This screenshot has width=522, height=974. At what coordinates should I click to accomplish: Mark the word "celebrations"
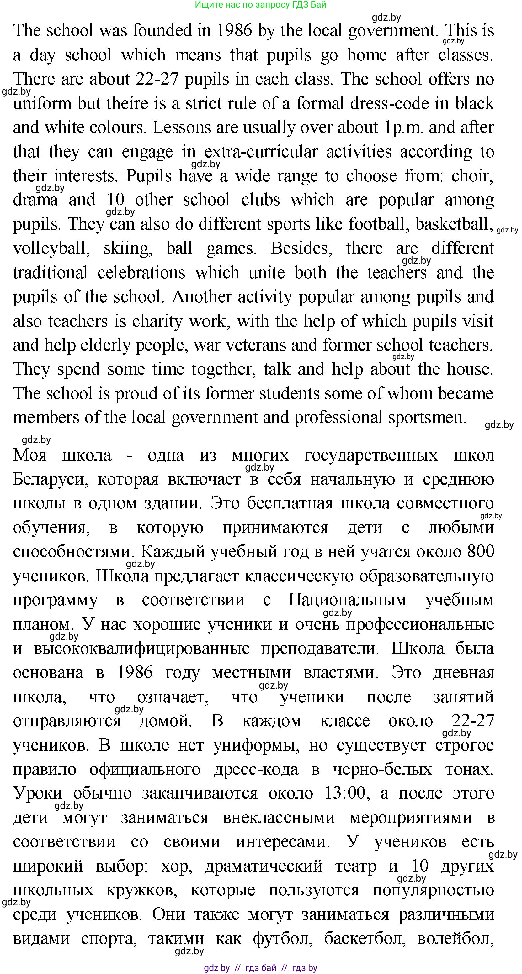pyautogui.click(x=141, y=273)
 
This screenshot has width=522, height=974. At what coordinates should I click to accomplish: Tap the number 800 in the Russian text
pyautogui.click(x=480, y=552)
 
